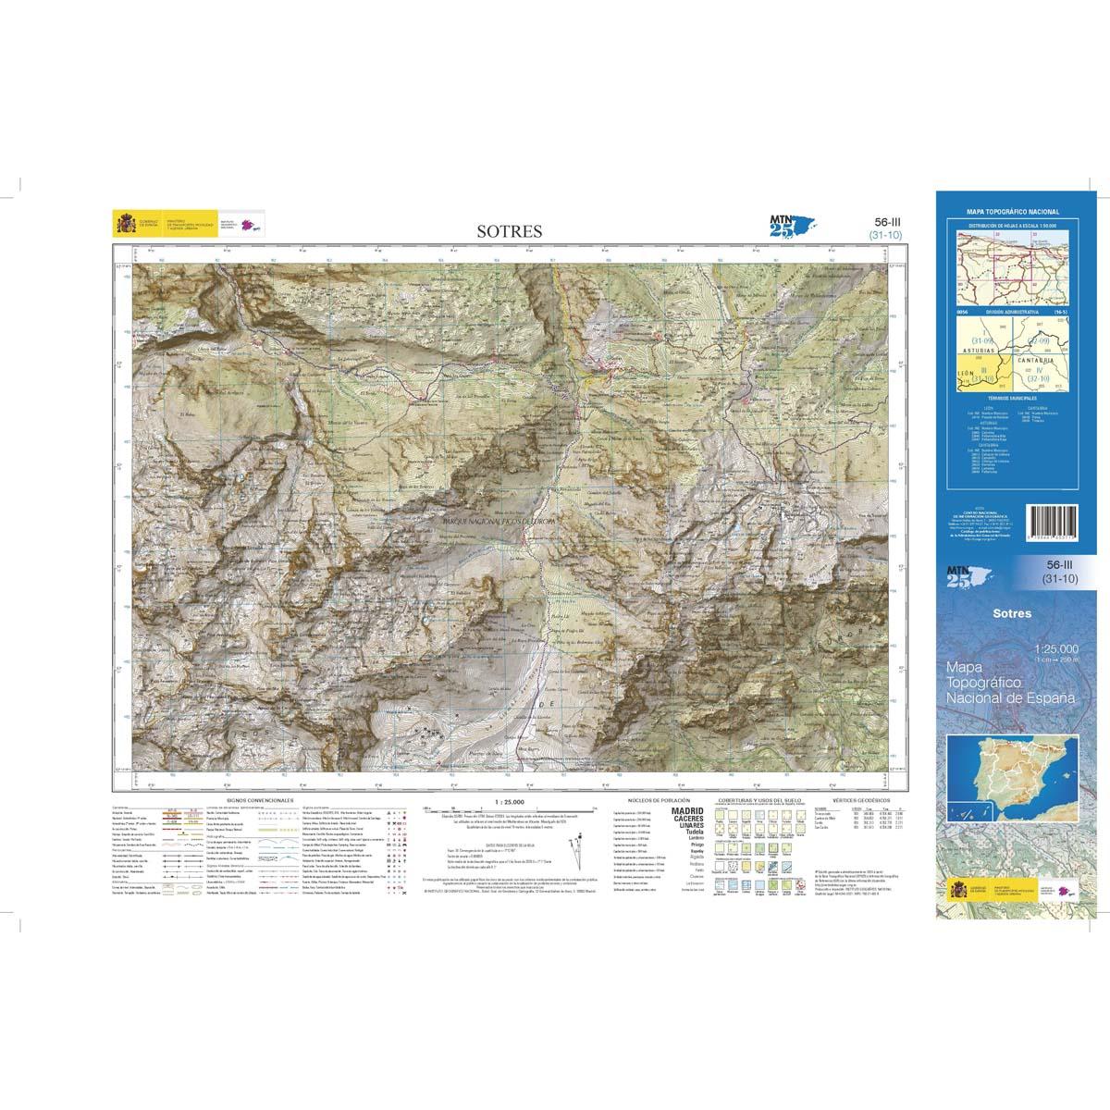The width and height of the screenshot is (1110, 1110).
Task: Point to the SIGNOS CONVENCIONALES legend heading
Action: click(259, 797)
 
